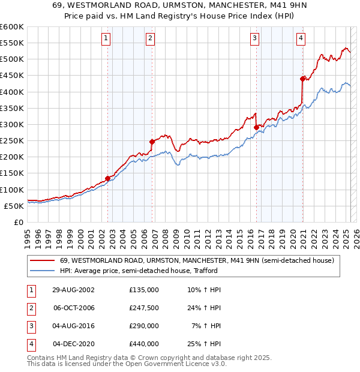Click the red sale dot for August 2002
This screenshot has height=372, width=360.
(x=108, y=178)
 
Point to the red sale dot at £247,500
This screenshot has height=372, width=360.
(x=152, y=142)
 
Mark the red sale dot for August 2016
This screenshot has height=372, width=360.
(x=257, y=127)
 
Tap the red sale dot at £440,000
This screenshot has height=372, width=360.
(x=302, y=79)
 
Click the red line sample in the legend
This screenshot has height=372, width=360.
(x=42, y=260)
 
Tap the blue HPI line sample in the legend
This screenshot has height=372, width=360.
(x=42, y=271)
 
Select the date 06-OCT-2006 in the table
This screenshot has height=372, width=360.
(x=74, y=308)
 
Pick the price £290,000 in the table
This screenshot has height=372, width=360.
(x=144, y=326)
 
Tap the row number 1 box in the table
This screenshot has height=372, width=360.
(x=30, y=290)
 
